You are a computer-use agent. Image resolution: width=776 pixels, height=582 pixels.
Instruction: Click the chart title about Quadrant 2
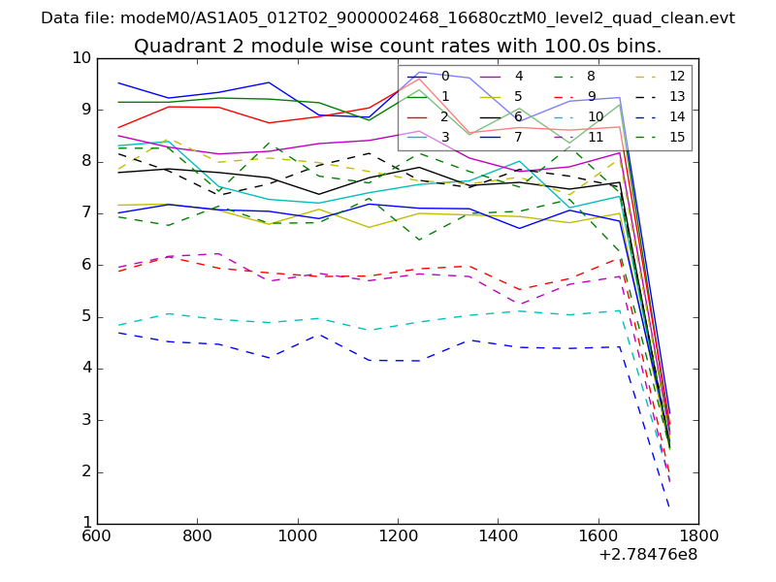click(398, 46)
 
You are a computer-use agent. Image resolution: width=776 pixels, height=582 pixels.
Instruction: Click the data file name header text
click(388, 17)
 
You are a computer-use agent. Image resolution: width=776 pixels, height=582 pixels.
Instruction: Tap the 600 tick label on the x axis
click(96, 536)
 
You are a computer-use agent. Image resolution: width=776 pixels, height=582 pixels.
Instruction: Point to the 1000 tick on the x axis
click(297, 536)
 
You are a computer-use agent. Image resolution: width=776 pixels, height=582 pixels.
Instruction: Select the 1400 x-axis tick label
click(498, 536)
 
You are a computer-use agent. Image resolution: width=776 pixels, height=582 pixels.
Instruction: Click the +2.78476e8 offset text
click(647, 556)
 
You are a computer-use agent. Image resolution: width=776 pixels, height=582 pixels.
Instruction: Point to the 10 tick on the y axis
click(81, 58)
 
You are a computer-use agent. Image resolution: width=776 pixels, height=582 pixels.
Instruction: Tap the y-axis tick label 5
click(85, 316)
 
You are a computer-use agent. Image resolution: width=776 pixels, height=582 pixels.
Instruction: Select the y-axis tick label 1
click(85, 524)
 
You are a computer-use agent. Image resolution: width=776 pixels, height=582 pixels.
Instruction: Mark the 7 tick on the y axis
click(85, 213)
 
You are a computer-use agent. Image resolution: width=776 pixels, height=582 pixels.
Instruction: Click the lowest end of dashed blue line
click(668, 505)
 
